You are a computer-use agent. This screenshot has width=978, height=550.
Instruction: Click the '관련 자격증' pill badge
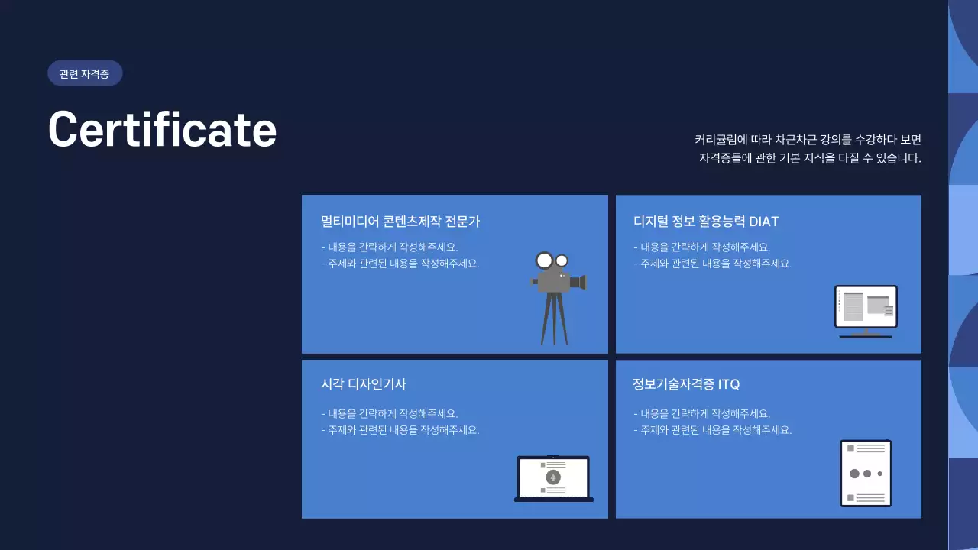84,74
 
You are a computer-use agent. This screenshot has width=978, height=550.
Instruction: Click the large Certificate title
162,128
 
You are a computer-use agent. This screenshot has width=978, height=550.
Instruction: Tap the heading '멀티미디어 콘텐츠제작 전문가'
400,222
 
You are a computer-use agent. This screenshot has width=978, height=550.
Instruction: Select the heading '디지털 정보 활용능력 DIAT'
706,222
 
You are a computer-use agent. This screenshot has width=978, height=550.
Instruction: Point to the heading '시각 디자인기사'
363,384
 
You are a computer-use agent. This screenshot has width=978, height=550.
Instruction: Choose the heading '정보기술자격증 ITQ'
686,384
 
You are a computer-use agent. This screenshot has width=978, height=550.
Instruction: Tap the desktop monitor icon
866,311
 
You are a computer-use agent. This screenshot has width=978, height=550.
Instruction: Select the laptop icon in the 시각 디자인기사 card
553,478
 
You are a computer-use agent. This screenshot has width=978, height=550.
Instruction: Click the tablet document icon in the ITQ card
866,473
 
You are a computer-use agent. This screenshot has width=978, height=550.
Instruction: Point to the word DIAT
763,222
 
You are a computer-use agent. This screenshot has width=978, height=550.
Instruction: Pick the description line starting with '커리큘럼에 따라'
808,140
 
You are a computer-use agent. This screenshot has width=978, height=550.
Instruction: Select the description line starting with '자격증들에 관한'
810,159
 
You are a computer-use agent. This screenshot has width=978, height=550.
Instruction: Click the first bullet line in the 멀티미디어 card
390,247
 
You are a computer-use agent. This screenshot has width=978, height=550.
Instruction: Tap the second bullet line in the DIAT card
712,264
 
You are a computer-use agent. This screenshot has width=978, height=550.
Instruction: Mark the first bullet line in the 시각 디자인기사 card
390,413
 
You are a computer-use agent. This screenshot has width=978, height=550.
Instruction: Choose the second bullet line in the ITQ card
712,430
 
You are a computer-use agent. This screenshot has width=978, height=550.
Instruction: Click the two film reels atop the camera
552,260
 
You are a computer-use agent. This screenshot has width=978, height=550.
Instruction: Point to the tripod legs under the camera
555,319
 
